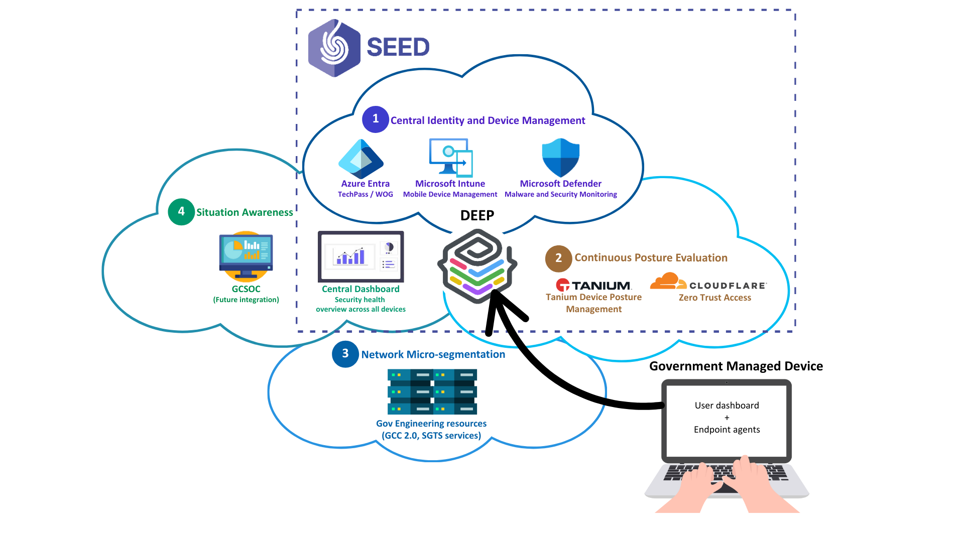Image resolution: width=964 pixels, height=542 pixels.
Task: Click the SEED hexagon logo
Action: coord(334,48)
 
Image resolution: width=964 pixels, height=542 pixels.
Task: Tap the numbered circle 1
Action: coord(375,119)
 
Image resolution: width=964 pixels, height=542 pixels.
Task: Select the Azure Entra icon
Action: coord(361,159)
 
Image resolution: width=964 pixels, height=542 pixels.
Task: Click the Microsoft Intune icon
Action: coord(451,158)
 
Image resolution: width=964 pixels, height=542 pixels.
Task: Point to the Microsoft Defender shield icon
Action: coord(561,158)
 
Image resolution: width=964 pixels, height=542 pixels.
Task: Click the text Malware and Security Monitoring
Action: coord(560,195)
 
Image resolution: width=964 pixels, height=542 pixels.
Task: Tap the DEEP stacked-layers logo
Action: coord(477,266)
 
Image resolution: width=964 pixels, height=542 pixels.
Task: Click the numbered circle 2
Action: coord(558,258)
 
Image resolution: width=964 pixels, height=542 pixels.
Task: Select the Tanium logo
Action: coord(594,286)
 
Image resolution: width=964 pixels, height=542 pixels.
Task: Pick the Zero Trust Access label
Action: coord(715,298)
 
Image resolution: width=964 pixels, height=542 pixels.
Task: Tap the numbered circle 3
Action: coord(345,354)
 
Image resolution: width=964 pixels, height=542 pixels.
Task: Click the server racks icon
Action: coord(432,392)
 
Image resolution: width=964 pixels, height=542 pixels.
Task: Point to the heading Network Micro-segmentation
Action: coord(433,354)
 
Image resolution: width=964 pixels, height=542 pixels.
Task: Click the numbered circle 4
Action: coord(181,212)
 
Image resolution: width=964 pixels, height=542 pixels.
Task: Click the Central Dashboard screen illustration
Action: coord(360,256)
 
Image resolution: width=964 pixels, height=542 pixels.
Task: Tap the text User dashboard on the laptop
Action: coord(727,405)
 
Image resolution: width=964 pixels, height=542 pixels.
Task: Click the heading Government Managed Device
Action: coord(736,366)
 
